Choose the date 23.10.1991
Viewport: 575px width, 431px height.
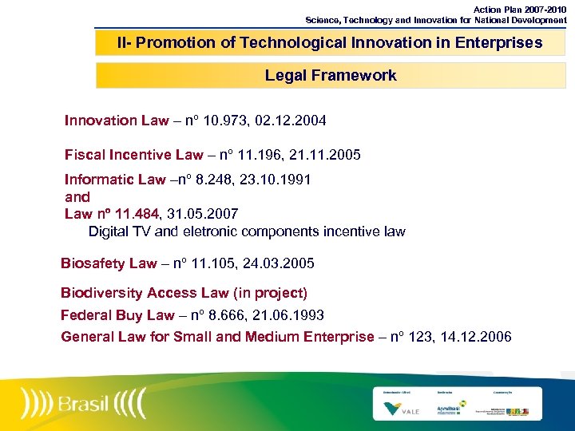pyautogui.click(x=276, y=180)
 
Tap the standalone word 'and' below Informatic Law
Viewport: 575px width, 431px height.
pyautogui.click(x=77, y=196)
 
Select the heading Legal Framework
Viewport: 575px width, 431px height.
pyautogui.click(x=331, y=76)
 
